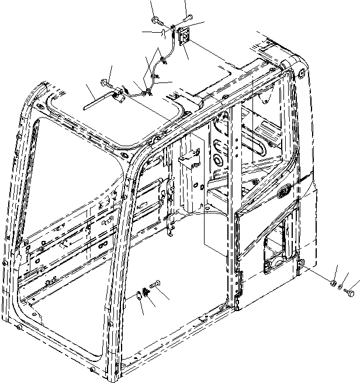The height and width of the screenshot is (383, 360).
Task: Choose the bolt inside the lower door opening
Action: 155,285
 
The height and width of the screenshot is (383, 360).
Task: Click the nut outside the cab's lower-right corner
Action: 333,284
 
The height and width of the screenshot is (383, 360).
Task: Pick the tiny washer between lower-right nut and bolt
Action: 341,287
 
